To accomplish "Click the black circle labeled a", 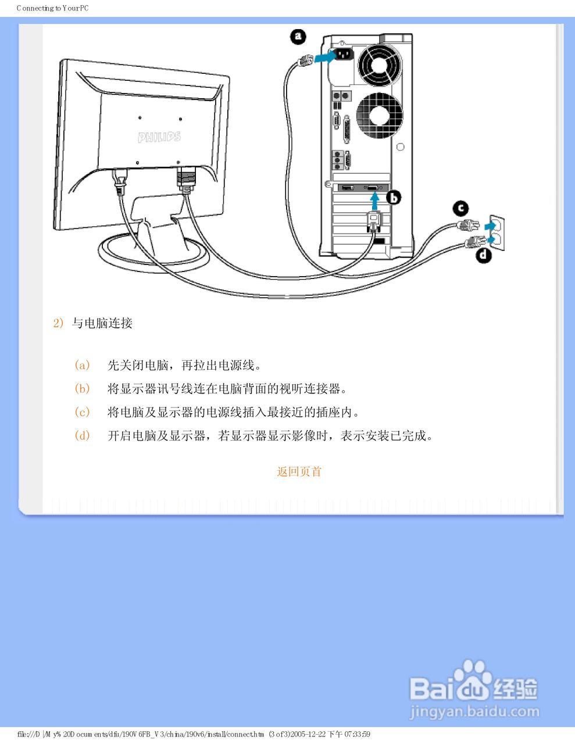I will tap(298, 37).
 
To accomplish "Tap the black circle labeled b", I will tap(394, 198).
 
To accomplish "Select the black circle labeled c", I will tap(460, 208).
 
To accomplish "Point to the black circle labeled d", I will tap(484, 255).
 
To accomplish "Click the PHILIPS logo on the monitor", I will tap(159, 137).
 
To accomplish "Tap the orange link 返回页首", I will tap(299, 471).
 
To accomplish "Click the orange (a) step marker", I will tap(83, 365).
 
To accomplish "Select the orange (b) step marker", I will tap(83, 388).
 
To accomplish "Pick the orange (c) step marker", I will tap(83, 412).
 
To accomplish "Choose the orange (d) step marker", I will tap(83, 435).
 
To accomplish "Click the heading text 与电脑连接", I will tap(102, 323).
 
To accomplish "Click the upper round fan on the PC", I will tap(380, 65).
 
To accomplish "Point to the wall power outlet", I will tap(495, 233).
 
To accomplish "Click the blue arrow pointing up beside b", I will tap(376, 201).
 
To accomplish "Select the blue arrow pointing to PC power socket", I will tap(324, 57).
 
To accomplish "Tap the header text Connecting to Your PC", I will tap(53, 8).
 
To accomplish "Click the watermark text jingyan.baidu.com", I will tap(474, 711).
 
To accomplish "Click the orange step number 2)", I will tap(58, 323).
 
